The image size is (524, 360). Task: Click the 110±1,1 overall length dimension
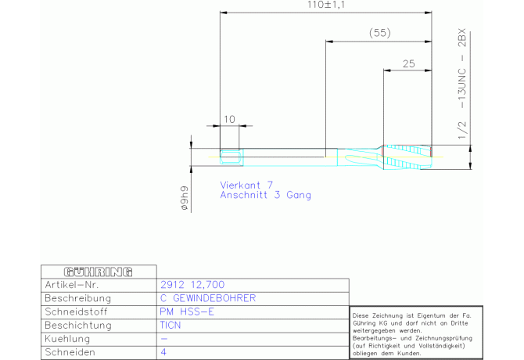pos(326,5)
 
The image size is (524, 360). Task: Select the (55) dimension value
pos(379,33)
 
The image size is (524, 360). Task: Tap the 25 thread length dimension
pos(408,63)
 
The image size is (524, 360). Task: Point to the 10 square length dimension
pos(229,119)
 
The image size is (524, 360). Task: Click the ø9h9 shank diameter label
pos(185,198)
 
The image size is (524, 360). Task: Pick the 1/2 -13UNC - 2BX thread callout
pos(462,84)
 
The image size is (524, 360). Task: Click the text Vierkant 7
pos(246,185)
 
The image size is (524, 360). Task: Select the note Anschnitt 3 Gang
pos(265,195)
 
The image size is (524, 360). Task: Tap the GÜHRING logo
pos(99,272)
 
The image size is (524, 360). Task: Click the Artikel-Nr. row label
pos(72,285)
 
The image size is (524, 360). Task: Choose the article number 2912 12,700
pos(192,285)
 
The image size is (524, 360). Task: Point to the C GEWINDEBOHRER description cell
pos(208,298)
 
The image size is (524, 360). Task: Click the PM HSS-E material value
pos(187,311)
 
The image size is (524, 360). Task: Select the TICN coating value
pos(170,326)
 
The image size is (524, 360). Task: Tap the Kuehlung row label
pos(67,339)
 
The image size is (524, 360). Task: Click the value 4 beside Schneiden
pos(163,352)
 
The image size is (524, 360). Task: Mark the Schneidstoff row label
pos(76,311)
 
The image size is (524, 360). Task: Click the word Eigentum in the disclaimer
pos(430,316)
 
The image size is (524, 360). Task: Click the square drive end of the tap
pos(231,157)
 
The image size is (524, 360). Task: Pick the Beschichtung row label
pos(78,326)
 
